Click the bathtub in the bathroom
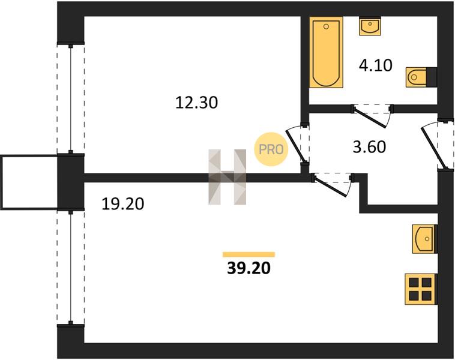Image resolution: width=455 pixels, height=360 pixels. tap(326, 52)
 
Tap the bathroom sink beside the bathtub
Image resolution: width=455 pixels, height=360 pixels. tap(370, 26)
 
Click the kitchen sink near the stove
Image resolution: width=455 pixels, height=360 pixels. tap(424, 239)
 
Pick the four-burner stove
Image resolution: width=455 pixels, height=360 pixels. tap(420, 289)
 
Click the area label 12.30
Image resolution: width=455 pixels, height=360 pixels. tap(196, 103)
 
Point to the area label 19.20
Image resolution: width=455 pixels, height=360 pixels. tap(122, 204)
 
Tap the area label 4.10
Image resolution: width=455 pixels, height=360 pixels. tap(376, 65)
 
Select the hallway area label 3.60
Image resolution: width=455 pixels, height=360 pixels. tap(369, 147)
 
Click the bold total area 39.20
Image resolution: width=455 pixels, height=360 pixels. tap(249, 268)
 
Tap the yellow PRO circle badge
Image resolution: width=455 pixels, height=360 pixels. tap(271, 149)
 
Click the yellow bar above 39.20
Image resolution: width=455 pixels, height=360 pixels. tap(249, 254)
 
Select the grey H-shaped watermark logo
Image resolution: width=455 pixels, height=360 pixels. tap(227, 177)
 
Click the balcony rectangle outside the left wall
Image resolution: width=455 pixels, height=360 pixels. tap(29, 182)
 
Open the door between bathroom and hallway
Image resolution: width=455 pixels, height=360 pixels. tap(372, 115)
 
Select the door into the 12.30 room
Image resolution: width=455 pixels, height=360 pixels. tap(298, 145)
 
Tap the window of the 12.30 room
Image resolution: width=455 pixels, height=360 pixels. tap(70, 98)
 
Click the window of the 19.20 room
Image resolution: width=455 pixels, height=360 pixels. tap(70, 268)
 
